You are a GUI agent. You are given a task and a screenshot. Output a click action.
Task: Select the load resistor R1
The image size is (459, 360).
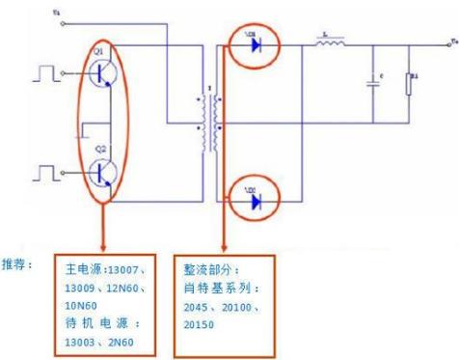pyautogui.click(x=409, y=84)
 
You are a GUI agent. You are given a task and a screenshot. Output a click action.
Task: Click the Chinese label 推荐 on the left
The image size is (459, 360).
pyautogui.click(x=15, y=263)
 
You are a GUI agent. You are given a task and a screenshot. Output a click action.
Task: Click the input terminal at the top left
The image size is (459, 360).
pyautogui.click(x=58, y=13)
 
